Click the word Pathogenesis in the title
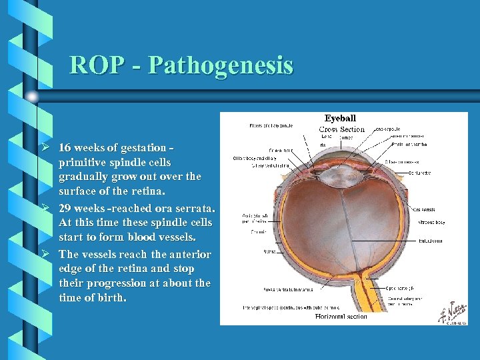pos(221,65)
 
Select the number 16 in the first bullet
pos(65,147)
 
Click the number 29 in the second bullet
pos(65,208)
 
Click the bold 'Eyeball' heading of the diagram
pos(341,119)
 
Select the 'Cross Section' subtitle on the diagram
pos(341,129)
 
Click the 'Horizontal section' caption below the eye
pos(341,317)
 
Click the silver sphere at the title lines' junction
pos(32,97)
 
